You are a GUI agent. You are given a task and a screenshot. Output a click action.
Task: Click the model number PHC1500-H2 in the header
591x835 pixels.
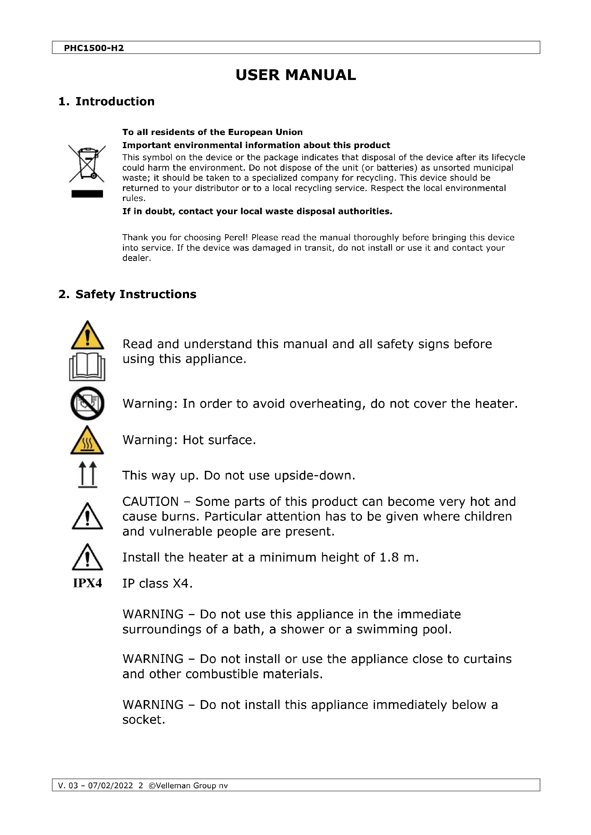click(94, 48)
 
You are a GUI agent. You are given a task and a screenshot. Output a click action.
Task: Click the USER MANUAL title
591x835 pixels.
click(295, 75)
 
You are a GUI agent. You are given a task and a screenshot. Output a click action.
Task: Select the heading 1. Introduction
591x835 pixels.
click(106, 101)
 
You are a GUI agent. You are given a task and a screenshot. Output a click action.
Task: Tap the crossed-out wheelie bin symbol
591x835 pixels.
click(87, 163)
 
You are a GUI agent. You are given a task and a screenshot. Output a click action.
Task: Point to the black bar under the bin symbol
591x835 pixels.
click(87, 194)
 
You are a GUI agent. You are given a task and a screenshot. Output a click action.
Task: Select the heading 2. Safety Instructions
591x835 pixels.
click(127, 294)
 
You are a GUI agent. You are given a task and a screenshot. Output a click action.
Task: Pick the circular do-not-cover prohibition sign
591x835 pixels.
click(87, 403)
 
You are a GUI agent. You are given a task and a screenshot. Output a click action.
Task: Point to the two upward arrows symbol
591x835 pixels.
click(88, 474)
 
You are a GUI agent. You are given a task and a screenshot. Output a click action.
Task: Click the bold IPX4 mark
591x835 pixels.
click(87, 583)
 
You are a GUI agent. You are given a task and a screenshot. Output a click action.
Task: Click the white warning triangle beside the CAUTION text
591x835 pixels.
click(87, 517)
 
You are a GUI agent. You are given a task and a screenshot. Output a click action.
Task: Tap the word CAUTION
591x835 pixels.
click(150, 502)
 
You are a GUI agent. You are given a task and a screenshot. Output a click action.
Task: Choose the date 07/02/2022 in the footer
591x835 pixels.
click(111, 785)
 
